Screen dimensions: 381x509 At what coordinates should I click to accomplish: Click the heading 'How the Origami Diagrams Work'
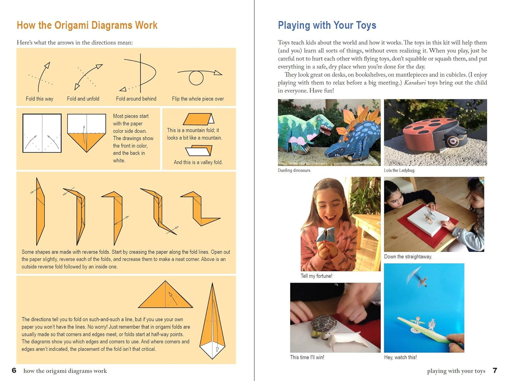(87, 25)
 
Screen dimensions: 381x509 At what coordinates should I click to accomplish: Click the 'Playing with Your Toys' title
(327, 25)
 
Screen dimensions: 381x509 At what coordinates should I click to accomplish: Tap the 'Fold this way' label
(39, 99)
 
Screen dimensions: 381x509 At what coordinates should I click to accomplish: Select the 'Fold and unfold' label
(83, 99)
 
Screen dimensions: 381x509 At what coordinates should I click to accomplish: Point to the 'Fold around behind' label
(136, 99)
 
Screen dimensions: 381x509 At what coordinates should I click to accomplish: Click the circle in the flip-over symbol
(196, 78)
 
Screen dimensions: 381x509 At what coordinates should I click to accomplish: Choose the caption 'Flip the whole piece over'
(198, 99)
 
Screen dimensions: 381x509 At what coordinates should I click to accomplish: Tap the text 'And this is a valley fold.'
(198, 162)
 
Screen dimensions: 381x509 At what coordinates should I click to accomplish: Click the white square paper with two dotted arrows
(42, 133)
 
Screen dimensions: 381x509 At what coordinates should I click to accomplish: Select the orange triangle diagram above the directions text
(165, 296)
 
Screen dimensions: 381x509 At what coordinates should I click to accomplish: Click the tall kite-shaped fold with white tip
(212, 322)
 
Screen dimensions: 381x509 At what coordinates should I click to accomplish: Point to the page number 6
(14, 370)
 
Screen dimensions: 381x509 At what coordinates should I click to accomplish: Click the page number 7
(495, 370)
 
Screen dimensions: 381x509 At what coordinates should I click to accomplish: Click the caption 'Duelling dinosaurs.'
(294, 171)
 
